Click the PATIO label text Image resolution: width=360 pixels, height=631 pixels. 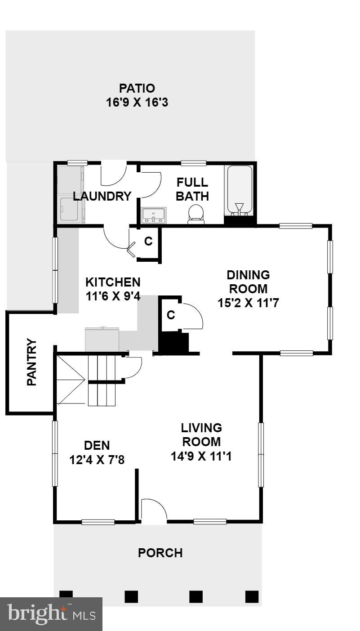[137, 88]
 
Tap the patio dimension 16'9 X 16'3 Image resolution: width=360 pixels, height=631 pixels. [137, 103]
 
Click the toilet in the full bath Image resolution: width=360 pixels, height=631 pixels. [196, 214]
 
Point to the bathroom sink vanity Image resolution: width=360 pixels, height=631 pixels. [154, 215]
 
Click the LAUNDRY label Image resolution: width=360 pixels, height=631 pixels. [102, 197]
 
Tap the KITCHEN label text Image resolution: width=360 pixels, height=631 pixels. [113, 282]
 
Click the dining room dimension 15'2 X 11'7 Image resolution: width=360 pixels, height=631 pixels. [248, 303]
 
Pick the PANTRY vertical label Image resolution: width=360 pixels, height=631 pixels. [32, 362]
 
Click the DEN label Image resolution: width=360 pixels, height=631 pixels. [97, 445]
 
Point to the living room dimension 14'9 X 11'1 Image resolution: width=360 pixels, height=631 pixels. [201, 456]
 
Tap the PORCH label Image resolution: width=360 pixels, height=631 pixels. [160, 553]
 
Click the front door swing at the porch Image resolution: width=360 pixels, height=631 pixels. [154, 511]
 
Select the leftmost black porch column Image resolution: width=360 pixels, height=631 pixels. [66, 596]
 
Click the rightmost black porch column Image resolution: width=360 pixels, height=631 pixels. [252, 596]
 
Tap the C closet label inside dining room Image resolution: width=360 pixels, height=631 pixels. [171, 315]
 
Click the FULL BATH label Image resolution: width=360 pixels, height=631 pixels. [192, 189]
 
